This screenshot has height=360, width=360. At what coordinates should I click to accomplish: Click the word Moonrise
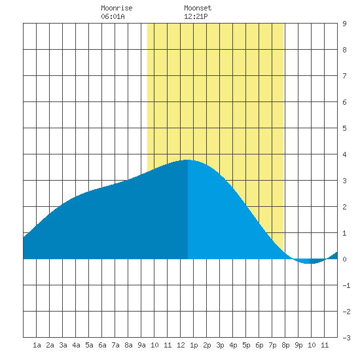[x=117, y=8]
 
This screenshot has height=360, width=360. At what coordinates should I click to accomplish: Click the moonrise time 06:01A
[x=113, y=16]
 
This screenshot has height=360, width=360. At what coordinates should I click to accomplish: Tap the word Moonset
[x=198, y=8]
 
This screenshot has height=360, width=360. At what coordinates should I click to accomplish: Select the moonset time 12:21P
[x=196, y=16]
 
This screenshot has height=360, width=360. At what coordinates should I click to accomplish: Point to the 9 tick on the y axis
[x=344, y=24]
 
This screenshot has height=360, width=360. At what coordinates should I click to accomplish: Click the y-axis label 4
[x=344, y=154]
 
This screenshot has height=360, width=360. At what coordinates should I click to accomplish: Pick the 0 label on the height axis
[x=344, y=259]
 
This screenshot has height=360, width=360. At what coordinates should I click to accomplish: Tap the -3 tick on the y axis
[x=346, y=338]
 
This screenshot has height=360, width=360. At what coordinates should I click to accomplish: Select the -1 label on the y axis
[x=346, y=285]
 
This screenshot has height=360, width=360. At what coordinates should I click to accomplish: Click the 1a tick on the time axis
[x=37, y=345]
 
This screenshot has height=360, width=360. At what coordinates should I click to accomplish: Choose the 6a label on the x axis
[x=102, y=345]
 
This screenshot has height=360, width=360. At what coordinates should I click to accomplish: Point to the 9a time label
[x=141, y=345]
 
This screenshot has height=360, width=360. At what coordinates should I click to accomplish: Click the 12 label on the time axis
[x=181, y=345]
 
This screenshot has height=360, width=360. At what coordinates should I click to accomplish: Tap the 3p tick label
[x=220, y=345]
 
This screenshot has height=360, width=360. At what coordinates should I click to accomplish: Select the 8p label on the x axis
[x=285, y=345]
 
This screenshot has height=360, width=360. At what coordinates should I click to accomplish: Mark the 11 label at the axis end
[x=325, y=345]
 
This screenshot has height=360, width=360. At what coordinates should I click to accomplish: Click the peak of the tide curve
[x=188, y=160]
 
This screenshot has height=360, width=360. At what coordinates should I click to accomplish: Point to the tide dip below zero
[x=309, y=263]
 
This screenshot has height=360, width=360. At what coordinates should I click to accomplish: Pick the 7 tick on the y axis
[x=344, y=76]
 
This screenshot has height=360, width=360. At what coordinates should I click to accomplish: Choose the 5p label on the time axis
[x=246, y=345]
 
